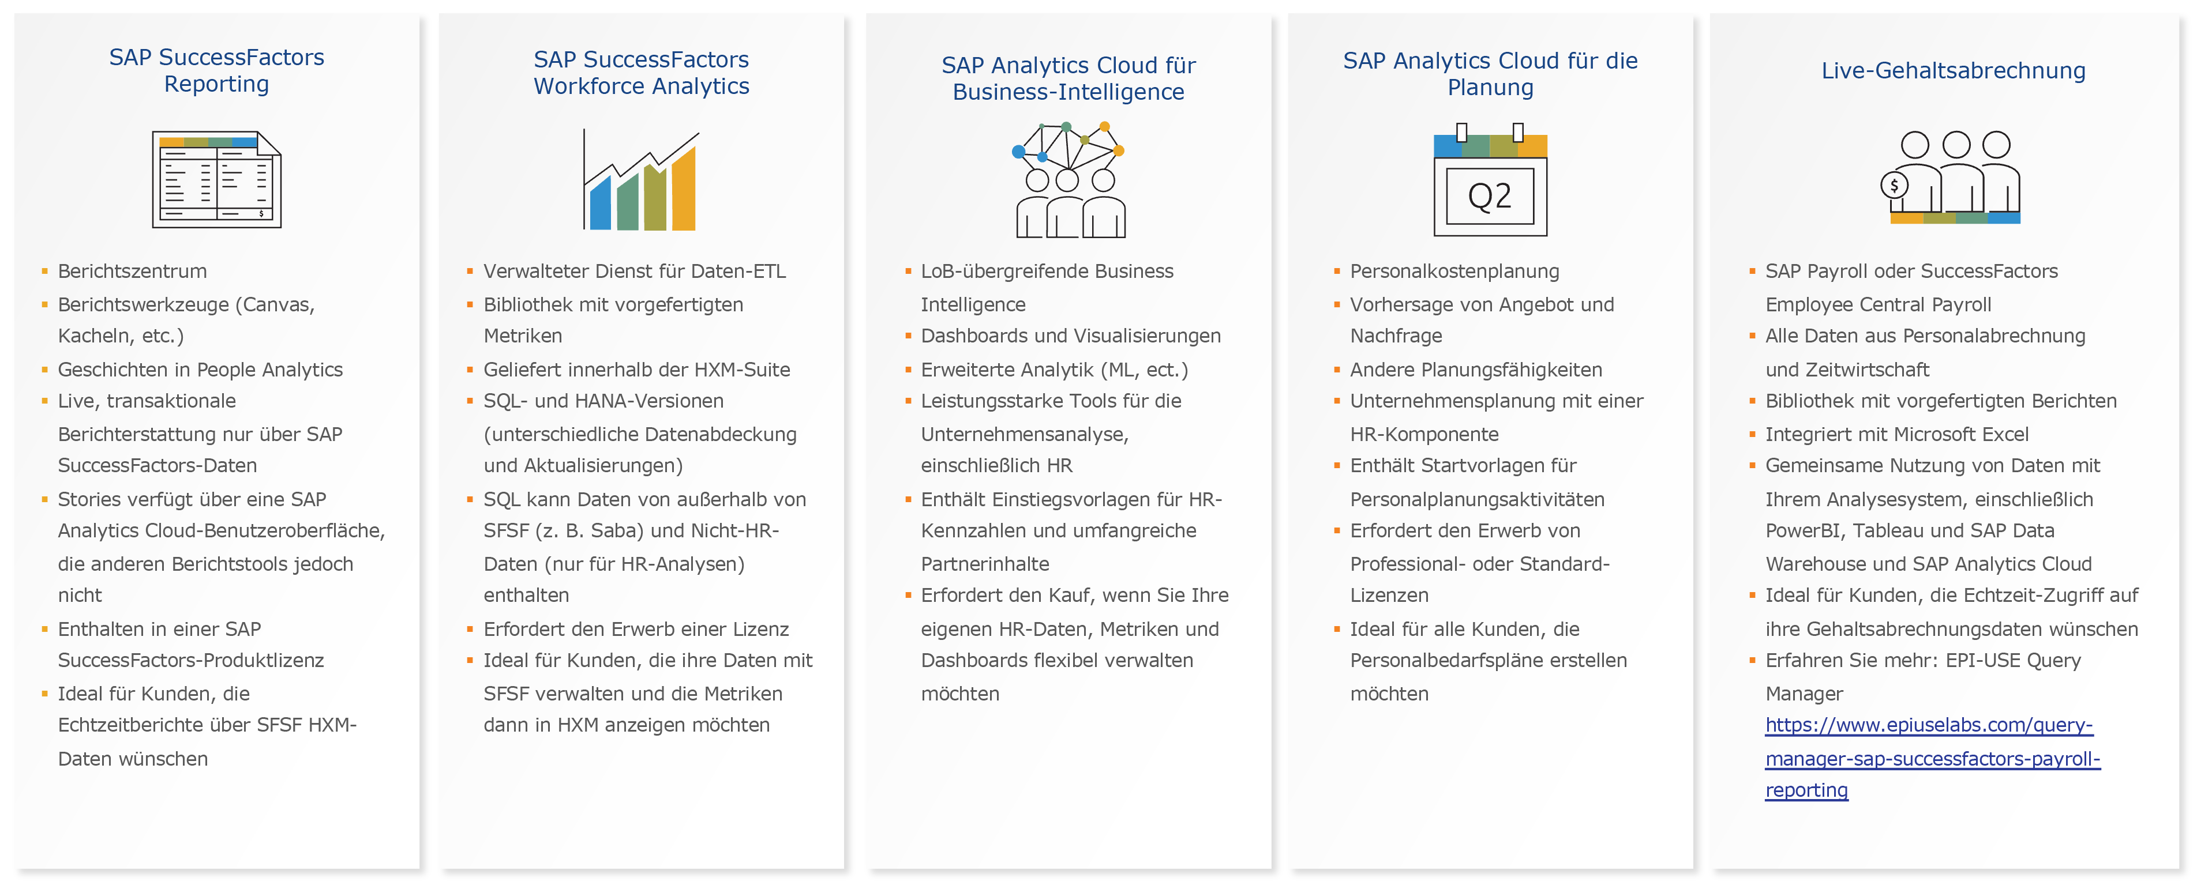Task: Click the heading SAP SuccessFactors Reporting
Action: (x=216, y=71)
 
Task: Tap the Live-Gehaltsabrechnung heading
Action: (x=1953, y=71)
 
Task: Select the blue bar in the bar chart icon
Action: (x=601, y=202)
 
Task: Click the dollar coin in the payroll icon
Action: (x=1894, y=185)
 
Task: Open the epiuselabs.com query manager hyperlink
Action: (x=1933, y=758)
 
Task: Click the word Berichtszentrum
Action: (x=132, y=271)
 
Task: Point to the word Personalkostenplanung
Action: (x=1454, y=271)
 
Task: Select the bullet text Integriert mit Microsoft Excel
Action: (x=1897, y=434)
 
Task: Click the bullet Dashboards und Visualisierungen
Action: (x=1070, y=336)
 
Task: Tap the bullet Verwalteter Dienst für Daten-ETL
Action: (x=635, y=271)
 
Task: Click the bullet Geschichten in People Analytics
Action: (x=200, y=369)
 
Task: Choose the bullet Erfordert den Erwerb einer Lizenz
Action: (x=636, y=629)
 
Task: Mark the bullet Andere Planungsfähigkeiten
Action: (x=1475, y=369)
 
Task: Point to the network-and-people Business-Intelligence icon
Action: (x=1068, y=180)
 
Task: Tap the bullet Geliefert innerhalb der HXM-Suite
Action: (x=637, y=369)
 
